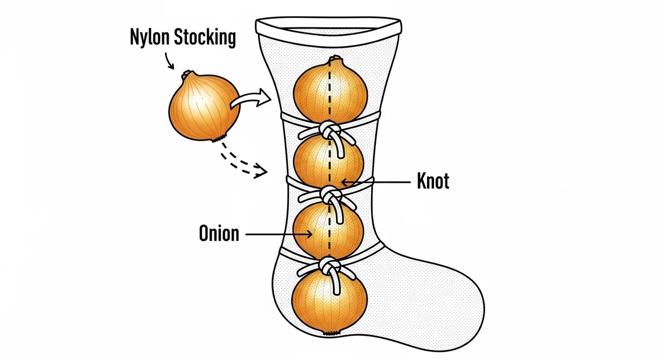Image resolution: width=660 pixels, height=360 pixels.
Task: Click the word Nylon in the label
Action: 150,37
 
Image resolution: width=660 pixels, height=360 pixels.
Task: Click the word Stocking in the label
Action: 205,37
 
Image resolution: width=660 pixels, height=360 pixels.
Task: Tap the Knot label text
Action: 433,181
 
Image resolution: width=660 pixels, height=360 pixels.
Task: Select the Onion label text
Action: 219,233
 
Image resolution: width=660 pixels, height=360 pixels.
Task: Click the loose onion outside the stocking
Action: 204,106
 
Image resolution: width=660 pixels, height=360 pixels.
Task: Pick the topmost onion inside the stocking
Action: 331,90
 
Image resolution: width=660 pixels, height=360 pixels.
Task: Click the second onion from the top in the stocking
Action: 329,161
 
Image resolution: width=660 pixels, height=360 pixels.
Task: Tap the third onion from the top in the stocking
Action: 328,231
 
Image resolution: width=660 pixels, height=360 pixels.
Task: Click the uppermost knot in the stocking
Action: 330,132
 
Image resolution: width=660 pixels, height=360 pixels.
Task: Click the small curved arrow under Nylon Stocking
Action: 169,61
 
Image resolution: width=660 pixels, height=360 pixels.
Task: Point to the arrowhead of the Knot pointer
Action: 345,183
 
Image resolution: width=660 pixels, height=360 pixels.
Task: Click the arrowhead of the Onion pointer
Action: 309,235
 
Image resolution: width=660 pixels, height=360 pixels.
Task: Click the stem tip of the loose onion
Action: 187,73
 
